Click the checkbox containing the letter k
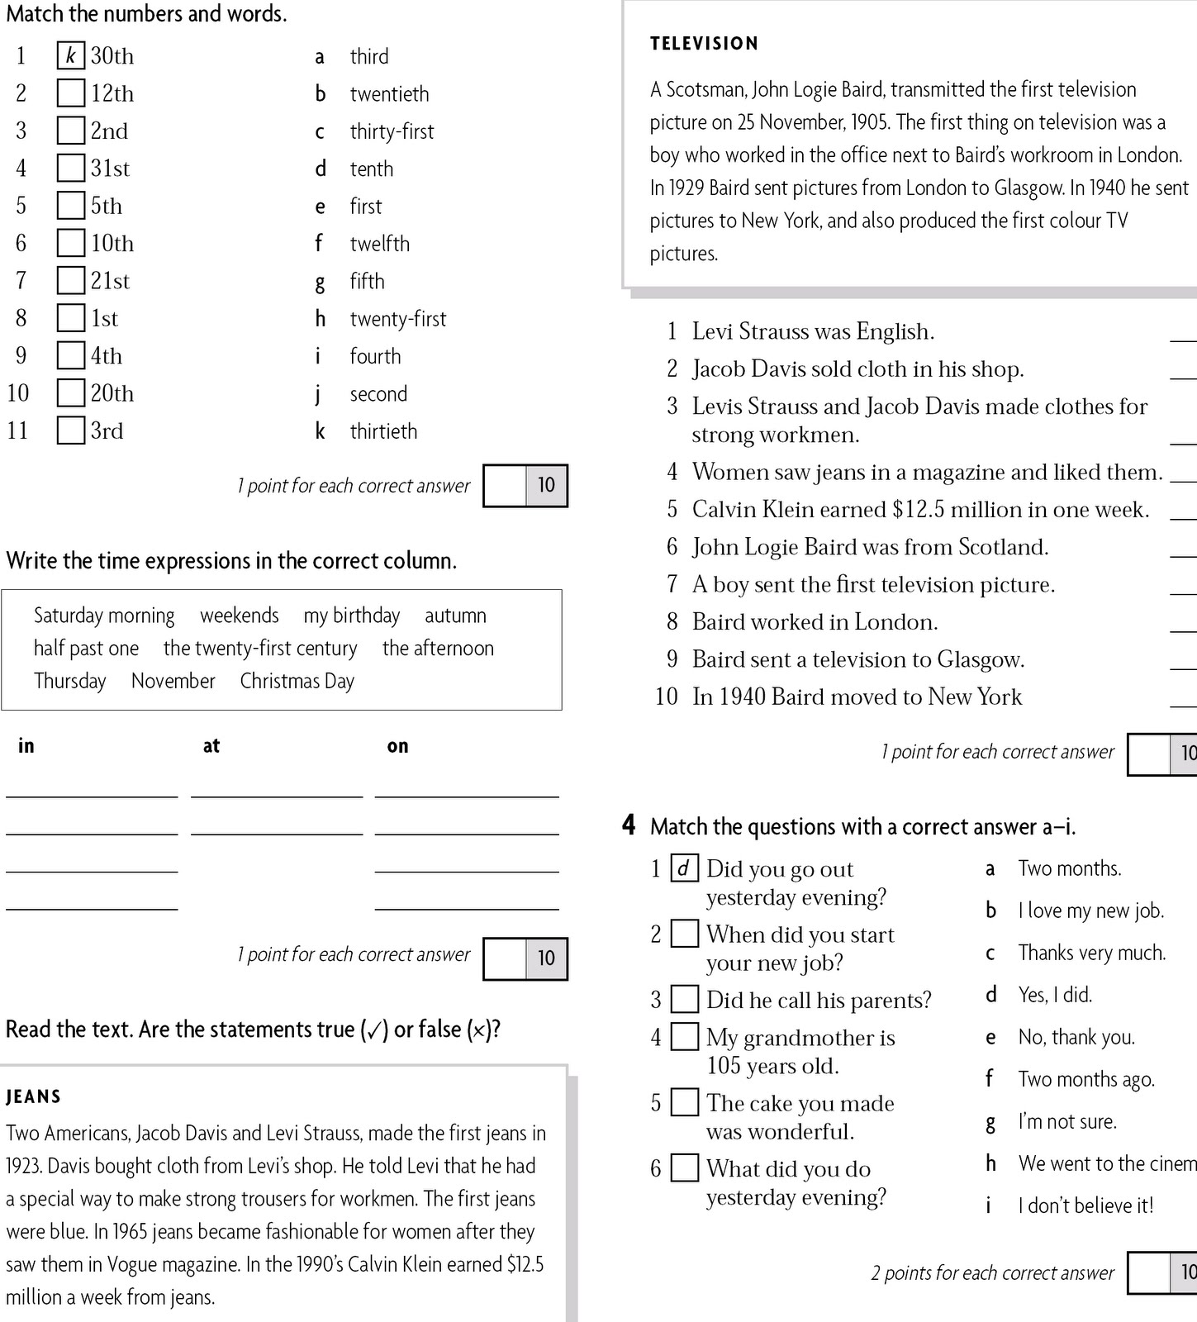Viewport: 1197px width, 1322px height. (71, 55)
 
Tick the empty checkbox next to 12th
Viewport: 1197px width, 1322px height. (71, 93)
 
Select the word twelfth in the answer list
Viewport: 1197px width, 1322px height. (379, 244)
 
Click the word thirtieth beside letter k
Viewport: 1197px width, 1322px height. (383, 431)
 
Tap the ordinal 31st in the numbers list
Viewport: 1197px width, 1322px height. (110, 169)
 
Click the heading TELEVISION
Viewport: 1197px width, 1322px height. (704, 44)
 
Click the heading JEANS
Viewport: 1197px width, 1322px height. (33, 1096)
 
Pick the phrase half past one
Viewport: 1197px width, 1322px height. (86, 649)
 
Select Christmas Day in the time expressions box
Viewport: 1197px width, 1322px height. (297, 682)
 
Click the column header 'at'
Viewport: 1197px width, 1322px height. (211, 746)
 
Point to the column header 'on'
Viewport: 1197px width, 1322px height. (397, 746)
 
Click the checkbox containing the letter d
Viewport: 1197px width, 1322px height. (684, 868)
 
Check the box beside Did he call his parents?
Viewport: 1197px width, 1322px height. (684, 1000)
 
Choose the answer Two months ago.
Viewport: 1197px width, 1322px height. (1085, 1079)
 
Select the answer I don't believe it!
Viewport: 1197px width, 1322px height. (1085, 1205)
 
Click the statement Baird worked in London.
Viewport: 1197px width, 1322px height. (815, 622)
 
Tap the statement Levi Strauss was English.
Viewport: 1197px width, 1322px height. (813, 331)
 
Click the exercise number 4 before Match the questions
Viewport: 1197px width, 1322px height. (629, 825)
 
